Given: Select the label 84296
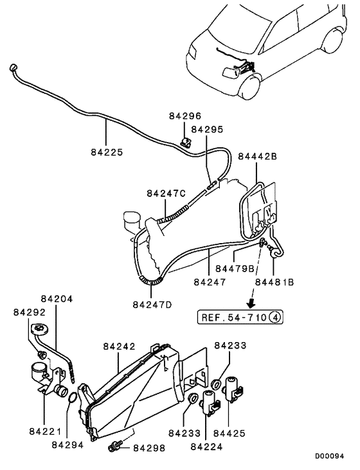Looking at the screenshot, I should tap(186, 116).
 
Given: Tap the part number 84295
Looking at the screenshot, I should tap(207, 129).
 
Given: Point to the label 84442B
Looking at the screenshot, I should tap(258, 156).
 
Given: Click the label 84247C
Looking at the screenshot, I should tap(166, 193).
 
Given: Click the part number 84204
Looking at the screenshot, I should tap(57, 299).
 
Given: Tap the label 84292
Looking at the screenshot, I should tap(30, 312).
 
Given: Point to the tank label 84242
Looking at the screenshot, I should tap(119, 346).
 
